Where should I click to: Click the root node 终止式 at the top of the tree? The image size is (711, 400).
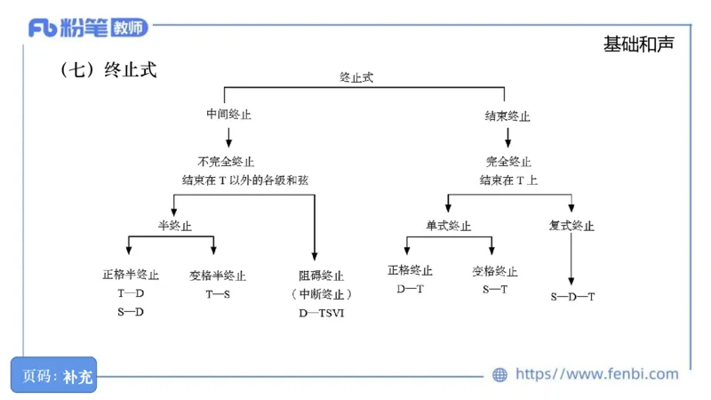(x=356, y=77)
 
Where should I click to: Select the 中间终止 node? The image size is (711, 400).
(x=229, y=116)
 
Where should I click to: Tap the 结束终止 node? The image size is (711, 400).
(x=507, y=116)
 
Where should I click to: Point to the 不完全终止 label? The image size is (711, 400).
(x=226, y=162)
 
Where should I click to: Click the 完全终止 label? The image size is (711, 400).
(x=508, y=162)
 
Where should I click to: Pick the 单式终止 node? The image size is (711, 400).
(x=449, y=225)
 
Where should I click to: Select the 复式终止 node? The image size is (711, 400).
(x=571, y=225)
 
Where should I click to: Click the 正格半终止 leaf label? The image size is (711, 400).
(x=131, y=276)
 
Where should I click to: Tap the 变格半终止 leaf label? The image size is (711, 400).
(x=218, y=276)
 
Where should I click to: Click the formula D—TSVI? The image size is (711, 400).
(x=321, y=312)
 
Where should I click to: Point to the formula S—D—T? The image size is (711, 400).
(x=572, y=296)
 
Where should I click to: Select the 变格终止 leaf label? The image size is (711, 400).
(x=495, y=271)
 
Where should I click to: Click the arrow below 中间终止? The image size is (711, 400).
(x=229, y=137)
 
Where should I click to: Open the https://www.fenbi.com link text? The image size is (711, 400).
(x=596, y=374)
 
